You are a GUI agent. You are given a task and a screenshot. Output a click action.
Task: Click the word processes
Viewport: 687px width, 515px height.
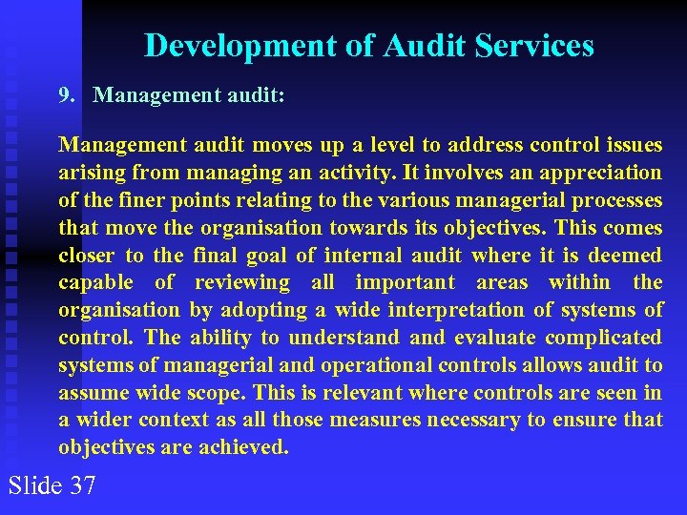click(615, 200)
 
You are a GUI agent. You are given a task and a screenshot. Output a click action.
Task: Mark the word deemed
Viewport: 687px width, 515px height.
click(625, 256)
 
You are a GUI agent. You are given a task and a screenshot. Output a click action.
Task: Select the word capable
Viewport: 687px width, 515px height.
click(95, 282)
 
